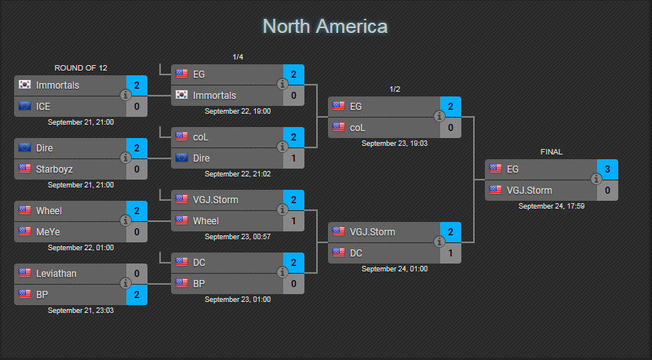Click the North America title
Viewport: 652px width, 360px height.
325,27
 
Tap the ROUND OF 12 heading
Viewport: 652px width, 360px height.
81,67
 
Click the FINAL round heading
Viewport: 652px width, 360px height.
552,151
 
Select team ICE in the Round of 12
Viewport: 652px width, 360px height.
43,107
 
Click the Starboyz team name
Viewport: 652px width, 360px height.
54,169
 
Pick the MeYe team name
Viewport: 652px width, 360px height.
48,232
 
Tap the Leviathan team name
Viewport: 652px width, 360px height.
56,274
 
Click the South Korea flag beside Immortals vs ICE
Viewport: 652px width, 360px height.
24,85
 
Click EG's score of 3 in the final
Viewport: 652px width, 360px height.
607,169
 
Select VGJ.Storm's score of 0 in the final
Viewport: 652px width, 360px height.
607,191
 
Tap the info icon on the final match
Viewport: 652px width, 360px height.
596,179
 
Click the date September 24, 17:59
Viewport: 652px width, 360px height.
552,206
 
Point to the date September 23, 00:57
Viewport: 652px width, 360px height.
238,237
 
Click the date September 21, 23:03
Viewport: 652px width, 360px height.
81,310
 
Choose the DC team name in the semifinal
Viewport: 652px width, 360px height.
356,253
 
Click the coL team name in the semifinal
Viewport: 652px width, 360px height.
358,128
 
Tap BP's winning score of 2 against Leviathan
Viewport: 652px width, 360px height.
137,295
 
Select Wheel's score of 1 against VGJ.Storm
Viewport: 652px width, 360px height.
293,221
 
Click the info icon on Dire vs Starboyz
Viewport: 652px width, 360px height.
126,158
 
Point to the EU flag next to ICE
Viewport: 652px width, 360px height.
24,106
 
